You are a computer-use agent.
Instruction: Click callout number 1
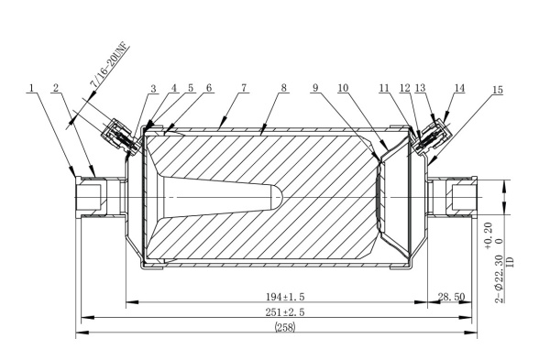pos(31,89)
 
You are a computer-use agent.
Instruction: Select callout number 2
pos(56,89)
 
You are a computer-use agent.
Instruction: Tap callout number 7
pos(244,89)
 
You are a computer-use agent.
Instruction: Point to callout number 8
pos(285,89)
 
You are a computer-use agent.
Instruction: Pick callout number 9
pos(315,89)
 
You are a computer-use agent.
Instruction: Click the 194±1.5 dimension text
pos(271,298)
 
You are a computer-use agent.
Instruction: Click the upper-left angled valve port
pos(118,134)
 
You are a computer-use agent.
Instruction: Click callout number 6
pos(209,89)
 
